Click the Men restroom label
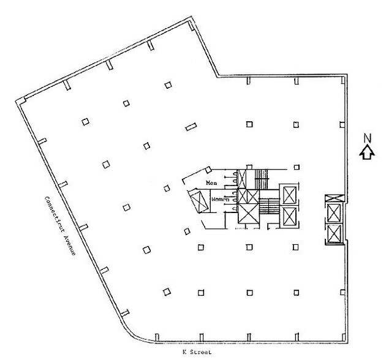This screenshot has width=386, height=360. pos(211,182)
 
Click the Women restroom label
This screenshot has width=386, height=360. pos(219,200)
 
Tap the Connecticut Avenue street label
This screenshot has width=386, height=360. pos(58,225)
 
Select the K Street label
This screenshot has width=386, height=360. pos(187,352)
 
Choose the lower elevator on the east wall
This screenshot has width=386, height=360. pos(334,233)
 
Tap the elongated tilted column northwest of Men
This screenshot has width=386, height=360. pos(190,127)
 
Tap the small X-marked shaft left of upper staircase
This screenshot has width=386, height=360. pos(243,179)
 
